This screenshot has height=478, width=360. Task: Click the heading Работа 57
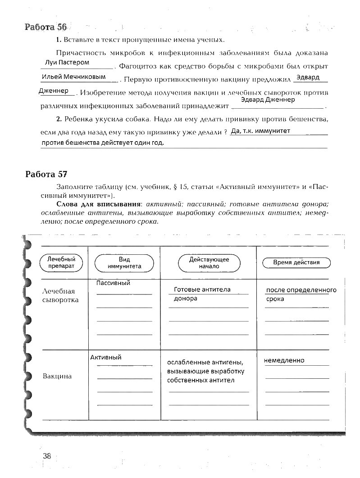point(46,174)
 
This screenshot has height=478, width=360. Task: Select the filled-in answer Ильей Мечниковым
point(73,77)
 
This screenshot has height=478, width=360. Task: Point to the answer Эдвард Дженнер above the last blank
point(268,100)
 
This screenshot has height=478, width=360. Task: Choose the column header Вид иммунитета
point(124,263)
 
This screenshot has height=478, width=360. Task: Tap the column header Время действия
point(296,262)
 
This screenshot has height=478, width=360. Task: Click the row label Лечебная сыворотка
point(60,295)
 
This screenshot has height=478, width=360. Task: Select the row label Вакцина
point(57,376)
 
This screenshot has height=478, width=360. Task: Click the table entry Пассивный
point(113,283)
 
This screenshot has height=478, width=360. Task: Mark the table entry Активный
point(106,357)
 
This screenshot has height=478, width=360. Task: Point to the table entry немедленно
point(284,360)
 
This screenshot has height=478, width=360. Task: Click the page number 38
point(47,456)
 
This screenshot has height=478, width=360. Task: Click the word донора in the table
point(185,299)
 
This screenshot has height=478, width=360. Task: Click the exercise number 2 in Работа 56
point(59,120)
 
